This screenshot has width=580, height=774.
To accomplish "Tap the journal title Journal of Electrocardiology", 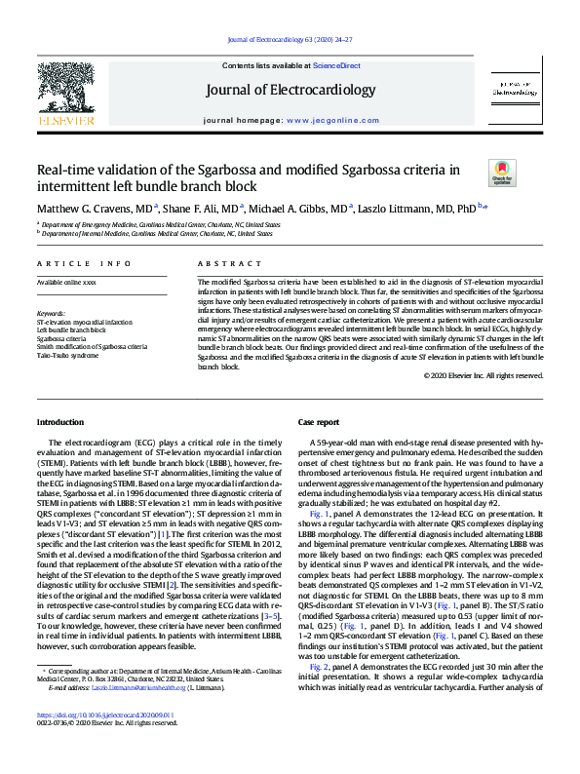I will (x=290, y=91).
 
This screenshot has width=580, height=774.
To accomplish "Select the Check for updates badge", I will (x=502, y=174).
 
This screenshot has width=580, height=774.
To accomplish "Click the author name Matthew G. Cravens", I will (x=87, y=208).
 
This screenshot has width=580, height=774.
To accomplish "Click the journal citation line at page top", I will (x=290, y=39).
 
